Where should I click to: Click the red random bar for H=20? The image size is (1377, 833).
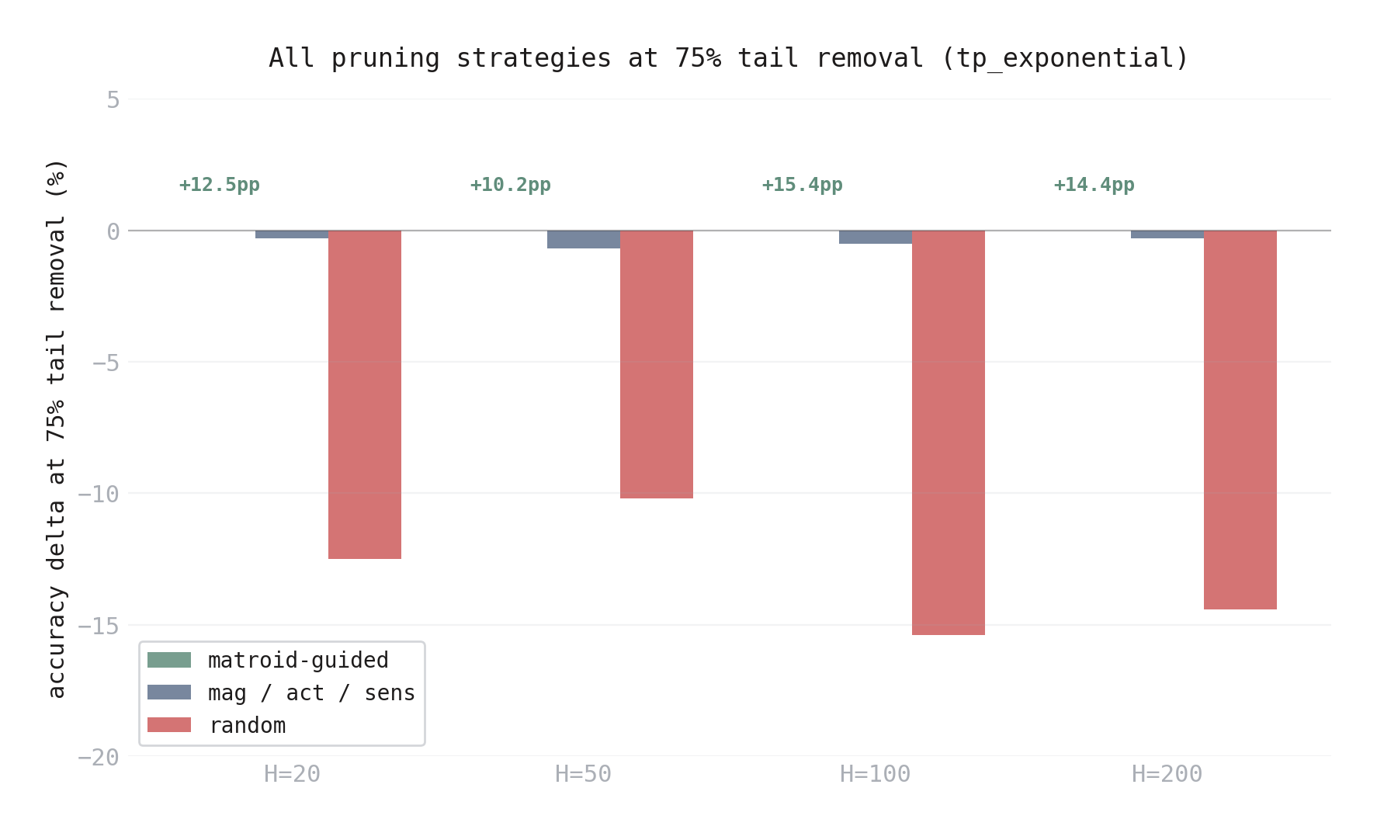point(364,394)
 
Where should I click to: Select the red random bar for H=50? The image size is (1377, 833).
point(656,364)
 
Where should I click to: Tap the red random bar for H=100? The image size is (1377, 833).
point(948,432)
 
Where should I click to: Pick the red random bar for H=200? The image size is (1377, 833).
point(1240,419)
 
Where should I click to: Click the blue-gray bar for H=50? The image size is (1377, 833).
point(583,239)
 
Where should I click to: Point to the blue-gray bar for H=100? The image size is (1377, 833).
point(875,237)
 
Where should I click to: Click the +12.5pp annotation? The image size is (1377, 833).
point(220,185)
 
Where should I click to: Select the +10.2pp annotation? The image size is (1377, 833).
point(511,185)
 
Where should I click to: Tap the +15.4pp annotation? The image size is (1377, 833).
point(803,185)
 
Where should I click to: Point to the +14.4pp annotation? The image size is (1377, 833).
point(1094,185)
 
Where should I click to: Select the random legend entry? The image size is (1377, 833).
point(247,726)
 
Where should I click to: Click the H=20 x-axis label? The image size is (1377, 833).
point(292,774)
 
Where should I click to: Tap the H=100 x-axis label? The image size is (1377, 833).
point(875,774)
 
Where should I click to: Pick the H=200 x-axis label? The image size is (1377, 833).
point(1167,774)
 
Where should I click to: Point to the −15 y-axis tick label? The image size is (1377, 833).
point(99,626)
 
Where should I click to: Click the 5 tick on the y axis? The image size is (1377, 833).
point(113,100)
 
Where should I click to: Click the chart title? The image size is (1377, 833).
point(729,58)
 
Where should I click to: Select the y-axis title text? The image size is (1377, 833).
point(57,428)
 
